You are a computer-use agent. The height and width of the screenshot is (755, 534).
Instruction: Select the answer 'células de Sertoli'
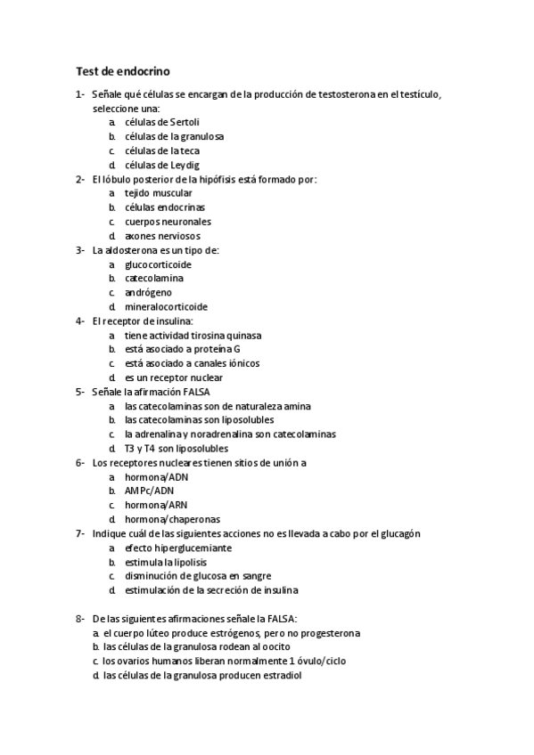pyautogui.click(x=162, y=122)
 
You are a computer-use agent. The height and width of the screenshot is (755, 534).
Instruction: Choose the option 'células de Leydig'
pyautogui.click(x=162, y=165)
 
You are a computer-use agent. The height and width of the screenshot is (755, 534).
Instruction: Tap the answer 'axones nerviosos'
pyautogui.click(x=162, y=236)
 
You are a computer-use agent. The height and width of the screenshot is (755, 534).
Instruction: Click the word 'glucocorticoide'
pyautogui.click(x=158, y=264)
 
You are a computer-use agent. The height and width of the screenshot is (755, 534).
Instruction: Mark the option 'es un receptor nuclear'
pyautogui.click(x=173, y=377)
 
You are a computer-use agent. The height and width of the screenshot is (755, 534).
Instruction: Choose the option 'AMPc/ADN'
pyautogui.click(x=150, y=491)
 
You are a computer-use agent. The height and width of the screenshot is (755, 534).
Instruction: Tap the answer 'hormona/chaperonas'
pyautogui.click(x=173, y=519)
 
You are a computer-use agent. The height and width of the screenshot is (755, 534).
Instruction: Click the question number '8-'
pyautogui.click(x=81, y=618)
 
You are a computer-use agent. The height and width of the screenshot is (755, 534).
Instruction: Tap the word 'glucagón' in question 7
pyautogui.click(x=399, y=533)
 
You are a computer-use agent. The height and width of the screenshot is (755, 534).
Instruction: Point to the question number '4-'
pyautogui.click(x=81, y=321)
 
